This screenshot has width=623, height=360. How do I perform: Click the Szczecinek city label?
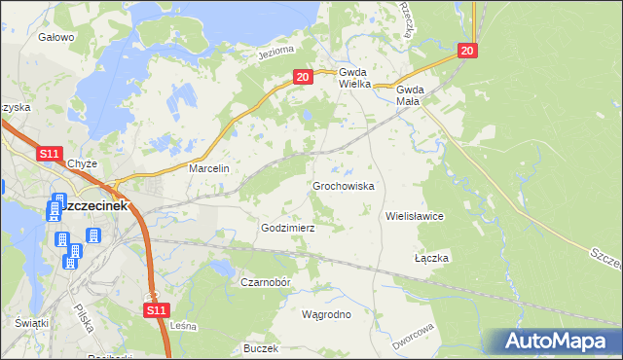93,207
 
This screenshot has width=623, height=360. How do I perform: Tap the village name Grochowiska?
343,185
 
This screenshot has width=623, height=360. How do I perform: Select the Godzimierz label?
287,227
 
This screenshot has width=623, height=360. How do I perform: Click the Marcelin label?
208,168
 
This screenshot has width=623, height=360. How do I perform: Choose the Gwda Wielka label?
350,78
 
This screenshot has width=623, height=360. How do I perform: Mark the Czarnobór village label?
266,281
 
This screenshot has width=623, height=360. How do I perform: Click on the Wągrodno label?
326,314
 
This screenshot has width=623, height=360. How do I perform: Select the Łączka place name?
431,258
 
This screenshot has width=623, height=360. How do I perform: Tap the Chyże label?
85,163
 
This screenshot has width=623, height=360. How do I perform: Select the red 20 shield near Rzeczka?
467,51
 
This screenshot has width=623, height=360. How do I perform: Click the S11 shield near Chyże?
51,154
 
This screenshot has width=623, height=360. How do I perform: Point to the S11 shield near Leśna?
157,309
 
